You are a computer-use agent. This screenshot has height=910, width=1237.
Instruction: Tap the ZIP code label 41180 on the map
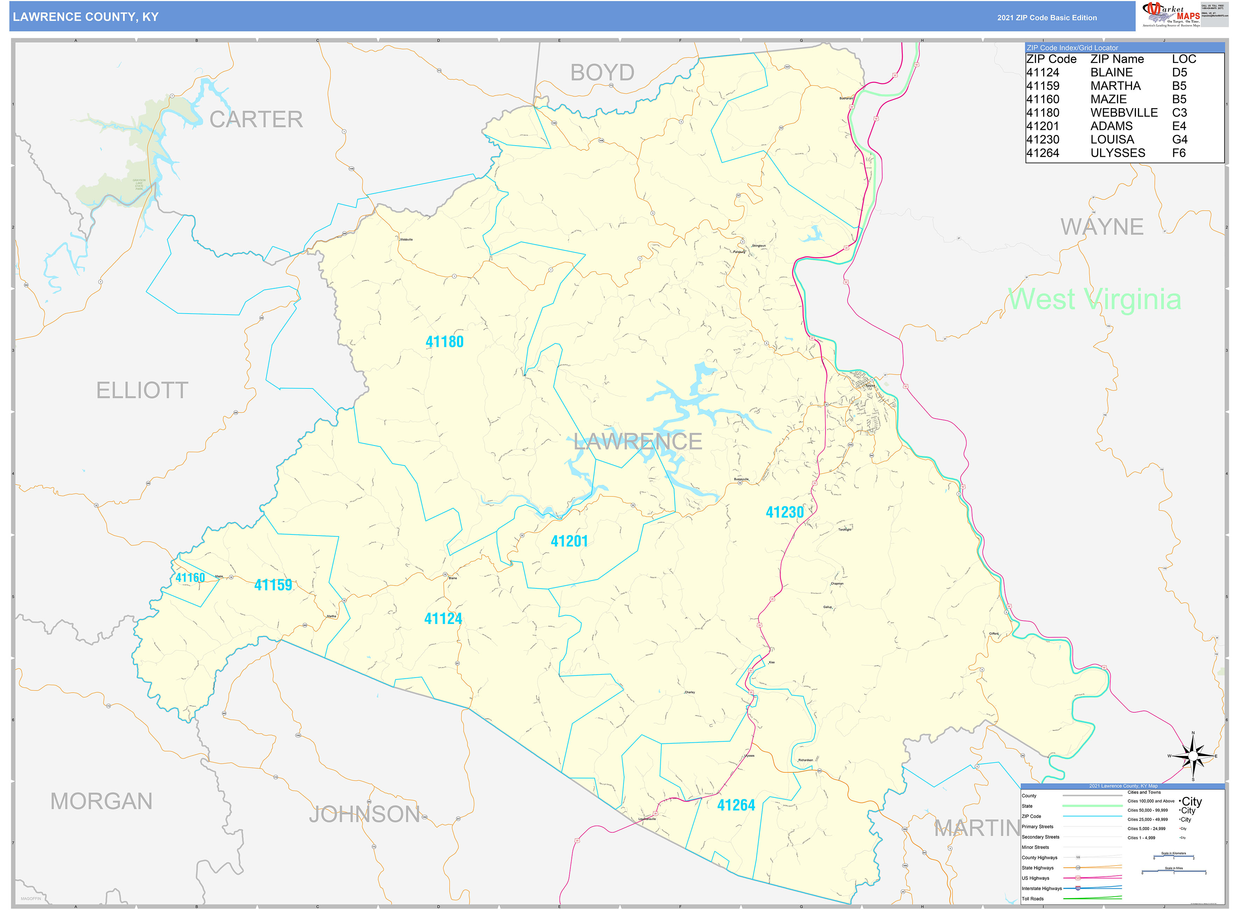click(444, 342)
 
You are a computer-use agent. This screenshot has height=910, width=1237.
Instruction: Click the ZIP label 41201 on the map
click(569, 541)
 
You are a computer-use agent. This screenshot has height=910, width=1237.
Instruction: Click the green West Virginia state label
click(1094, 300)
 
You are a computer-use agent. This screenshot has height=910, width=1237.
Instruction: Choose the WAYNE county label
click(1102, 227)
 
